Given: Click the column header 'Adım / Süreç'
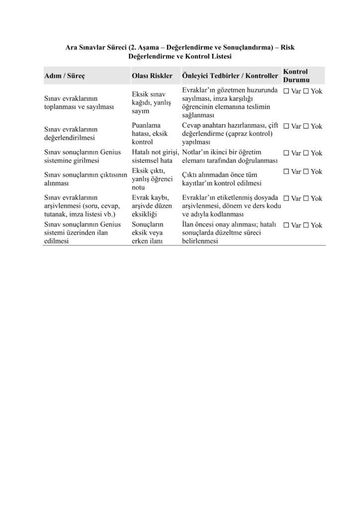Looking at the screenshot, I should coord(65,76).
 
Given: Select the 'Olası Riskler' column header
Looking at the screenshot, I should coord(152,76).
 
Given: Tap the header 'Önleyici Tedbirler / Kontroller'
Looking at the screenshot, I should coord(230,76).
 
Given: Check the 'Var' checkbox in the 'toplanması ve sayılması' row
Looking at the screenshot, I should coord(286,92).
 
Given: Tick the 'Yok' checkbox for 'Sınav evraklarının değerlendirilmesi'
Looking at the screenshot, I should coord(307,126).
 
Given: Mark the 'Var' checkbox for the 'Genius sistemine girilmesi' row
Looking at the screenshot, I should coord(286,153).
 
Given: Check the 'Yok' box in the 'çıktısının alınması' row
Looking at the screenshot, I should coord(307,171).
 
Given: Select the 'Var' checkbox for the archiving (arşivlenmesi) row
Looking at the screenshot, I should coord(286,198).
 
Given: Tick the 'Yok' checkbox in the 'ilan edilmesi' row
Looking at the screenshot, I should coord(307,225).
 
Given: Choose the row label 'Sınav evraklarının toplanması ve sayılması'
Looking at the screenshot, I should coord(80,103).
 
